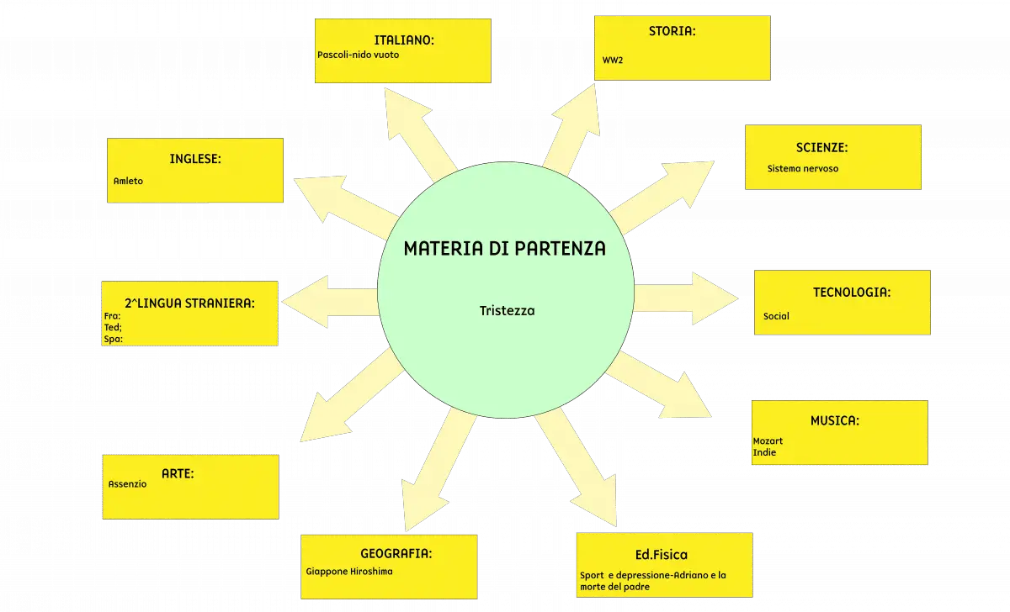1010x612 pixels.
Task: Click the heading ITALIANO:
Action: (403, 40)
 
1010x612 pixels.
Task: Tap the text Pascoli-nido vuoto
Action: (358, 55)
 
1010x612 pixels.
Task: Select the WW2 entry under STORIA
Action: (613, 61)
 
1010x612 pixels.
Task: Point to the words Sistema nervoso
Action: (803, 169)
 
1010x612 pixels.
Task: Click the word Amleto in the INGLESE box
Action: (128, 181)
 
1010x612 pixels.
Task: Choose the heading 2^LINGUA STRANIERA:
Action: (190, 303)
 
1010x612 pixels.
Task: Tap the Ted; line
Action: (113, 327)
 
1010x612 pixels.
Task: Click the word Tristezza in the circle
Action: (508, 311)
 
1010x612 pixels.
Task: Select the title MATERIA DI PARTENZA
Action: (504, 249)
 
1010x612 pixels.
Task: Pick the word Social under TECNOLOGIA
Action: (776, 316)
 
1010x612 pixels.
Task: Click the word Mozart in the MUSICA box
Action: (768, 441)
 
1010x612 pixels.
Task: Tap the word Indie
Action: (764, 452)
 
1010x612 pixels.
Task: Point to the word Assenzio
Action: (127, 484)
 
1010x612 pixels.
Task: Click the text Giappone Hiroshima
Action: (349, 572)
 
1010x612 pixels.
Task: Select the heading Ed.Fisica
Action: (662, 555)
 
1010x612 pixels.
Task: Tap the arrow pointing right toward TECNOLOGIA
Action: (685, 298)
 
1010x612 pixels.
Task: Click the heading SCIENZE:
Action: (821, 148)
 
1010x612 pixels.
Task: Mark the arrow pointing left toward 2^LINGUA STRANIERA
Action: (331, 301)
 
